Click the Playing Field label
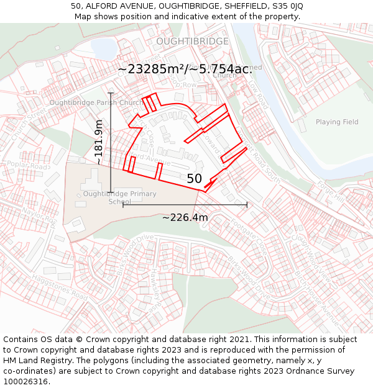(337, 122)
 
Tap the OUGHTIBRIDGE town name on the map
(192, 41)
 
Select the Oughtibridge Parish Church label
(96, 102)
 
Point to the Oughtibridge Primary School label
(119, 197)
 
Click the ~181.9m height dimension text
(99, 142)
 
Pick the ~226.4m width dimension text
(185, 217)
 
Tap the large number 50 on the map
(194, 179)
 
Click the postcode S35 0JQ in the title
(287, 6)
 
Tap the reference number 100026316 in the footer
(27, 381)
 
